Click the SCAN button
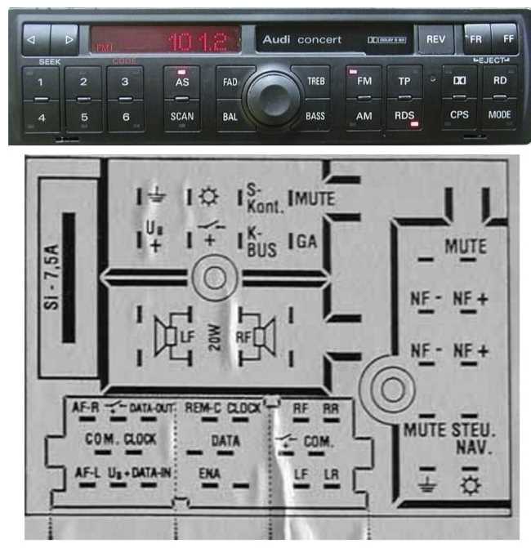pos(182,116)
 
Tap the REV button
pos(435,39)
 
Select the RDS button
pos(404,116)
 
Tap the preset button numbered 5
pos(83,117)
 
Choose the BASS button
pos(315,116)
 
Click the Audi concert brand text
pos(302,39)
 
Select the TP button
pos(404,82)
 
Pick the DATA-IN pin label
pos(152,473)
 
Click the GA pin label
pos(308,241)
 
